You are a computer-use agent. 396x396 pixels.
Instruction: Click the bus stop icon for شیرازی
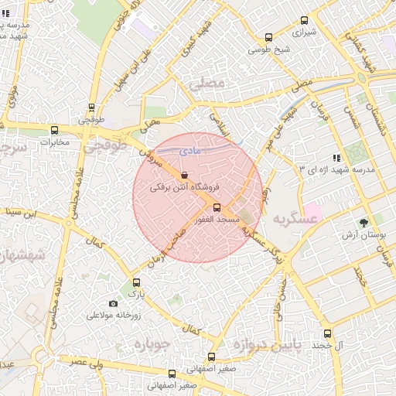[x=301, y=22]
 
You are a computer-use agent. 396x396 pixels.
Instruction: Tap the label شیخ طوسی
[x=268, y=49]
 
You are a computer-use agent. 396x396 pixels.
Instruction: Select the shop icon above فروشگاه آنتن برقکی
[x=183, y=176]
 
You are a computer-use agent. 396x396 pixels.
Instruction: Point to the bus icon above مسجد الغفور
[x=216, y=207]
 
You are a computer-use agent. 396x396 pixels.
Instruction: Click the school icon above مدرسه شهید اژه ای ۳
[x=336, y=157]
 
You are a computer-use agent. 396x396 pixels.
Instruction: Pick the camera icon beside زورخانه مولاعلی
[x=114, y=303]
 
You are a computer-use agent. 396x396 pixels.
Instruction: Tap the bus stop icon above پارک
[x=137, y=282]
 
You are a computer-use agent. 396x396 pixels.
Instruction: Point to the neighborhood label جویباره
[x=152, y=343]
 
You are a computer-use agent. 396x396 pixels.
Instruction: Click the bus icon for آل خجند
[x=327, y=334]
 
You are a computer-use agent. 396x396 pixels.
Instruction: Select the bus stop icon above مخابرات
[x=54, y=130]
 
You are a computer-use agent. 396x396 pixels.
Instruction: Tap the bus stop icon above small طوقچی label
[x=92, y=108]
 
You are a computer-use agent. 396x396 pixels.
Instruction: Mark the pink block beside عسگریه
[x=312, y=210]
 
